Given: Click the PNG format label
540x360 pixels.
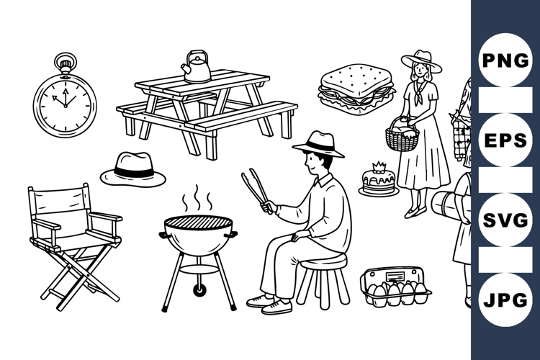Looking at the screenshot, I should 506,60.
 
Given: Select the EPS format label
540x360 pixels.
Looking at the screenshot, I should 506,140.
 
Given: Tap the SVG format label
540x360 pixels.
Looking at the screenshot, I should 506,220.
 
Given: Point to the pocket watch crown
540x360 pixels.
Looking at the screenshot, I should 65,60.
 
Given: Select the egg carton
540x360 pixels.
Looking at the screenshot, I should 395,287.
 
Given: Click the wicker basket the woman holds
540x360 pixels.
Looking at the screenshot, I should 402,138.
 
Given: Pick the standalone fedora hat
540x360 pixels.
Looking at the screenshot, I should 133,170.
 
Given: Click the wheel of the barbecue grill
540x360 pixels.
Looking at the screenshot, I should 199,289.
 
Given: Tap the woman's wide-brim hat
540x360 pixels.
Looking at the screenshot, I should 421,60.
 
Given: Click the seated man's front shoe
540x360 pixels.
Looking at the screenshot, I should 276,307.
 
